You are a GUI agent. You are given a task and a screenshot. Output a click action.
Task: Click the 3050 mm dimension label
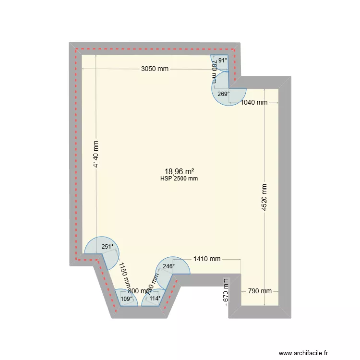click(x=155, y=69)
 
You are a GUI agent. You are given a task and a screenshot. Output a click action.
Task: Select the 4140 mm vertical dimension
click(x=96, y=153)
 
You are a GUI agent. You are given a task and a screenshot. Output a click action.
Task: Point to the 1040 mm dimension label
click(x=254, y=102)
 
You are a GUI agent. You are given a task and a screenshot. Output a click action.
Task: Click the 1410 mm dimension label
click(x=207, y=259)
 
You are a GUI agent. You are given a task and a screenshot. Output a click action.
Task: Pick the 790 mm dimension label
click(x=259, y=291)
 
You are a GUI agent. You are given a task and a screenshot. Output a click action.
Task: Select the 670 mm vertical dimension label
click(x=226, y=291)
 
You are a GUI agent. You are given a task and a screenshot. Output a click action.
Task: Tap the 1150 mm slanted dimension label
click(x=125, y=275)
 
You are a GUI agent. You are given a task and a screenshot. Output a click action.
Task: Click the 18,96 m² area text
click(x=179, y=171)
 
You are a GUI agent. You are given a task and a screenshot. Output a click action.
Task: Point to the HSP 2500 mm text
click(x=179, y=179)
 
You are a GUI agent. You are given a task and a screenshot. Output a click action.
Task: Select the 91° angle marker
click(x=223, y=60)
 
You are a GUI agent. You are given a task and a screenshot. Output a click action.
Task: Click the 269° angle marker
click(x=224, y=94)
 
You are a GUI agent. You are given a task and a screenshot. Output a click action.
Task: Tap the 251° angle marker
click(x=108, y=247)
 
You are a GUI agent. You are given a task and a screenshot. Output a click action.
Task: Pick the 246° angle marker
click(x=168, y=266)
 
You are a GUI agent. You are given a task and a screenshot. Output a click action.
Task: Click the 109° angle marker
click(x=126, y=299)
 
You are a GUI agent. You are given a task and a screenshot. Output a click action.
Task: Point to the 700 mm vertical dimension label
click(x=214, y=73)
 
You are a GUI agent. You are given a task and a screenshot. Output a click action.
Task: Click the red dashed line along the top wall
click(x=154, y=48)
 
